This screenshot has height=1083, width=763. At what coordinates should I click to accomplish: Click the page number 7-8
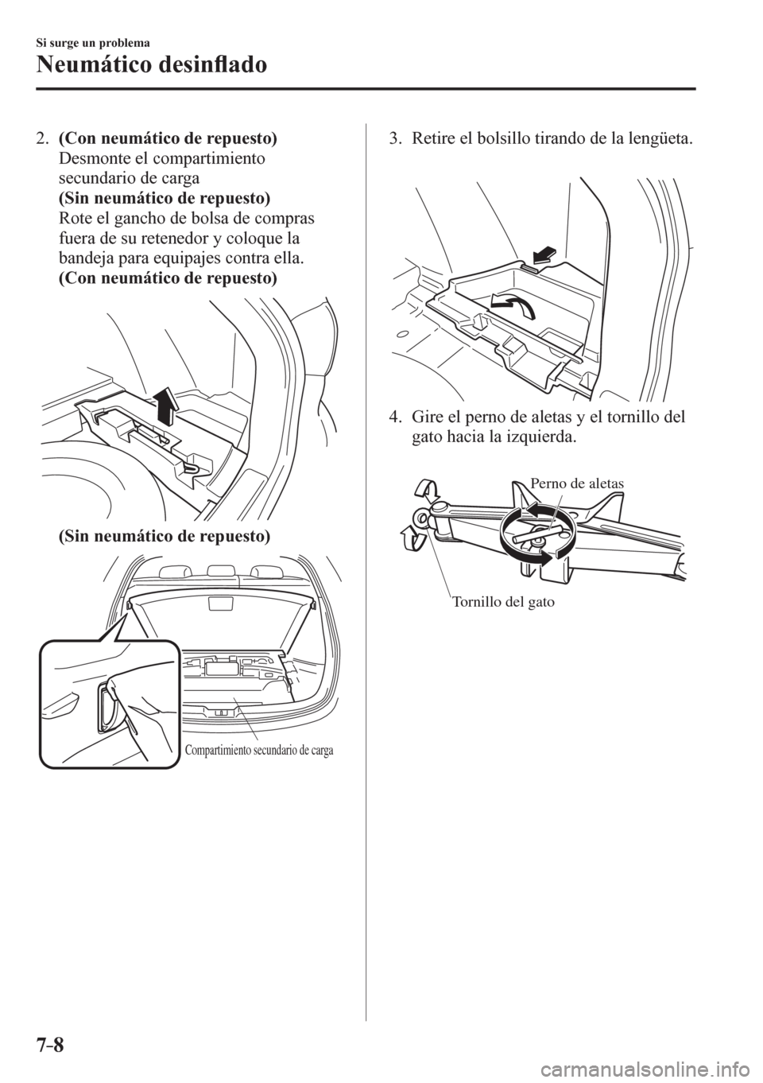[57, 1049]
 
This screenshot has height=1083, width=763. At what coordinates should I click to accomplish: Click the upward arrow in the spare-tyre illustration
[165, 402]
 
